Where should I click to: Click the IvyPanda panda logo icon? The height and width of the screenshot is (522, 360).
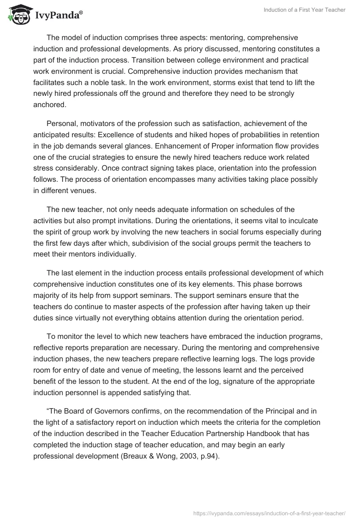pyautogui.click(x=17, y=13)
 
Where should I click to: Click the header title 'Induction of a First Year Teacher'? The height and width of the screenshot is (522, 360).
pyautogui.click(x=304, y=10)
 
